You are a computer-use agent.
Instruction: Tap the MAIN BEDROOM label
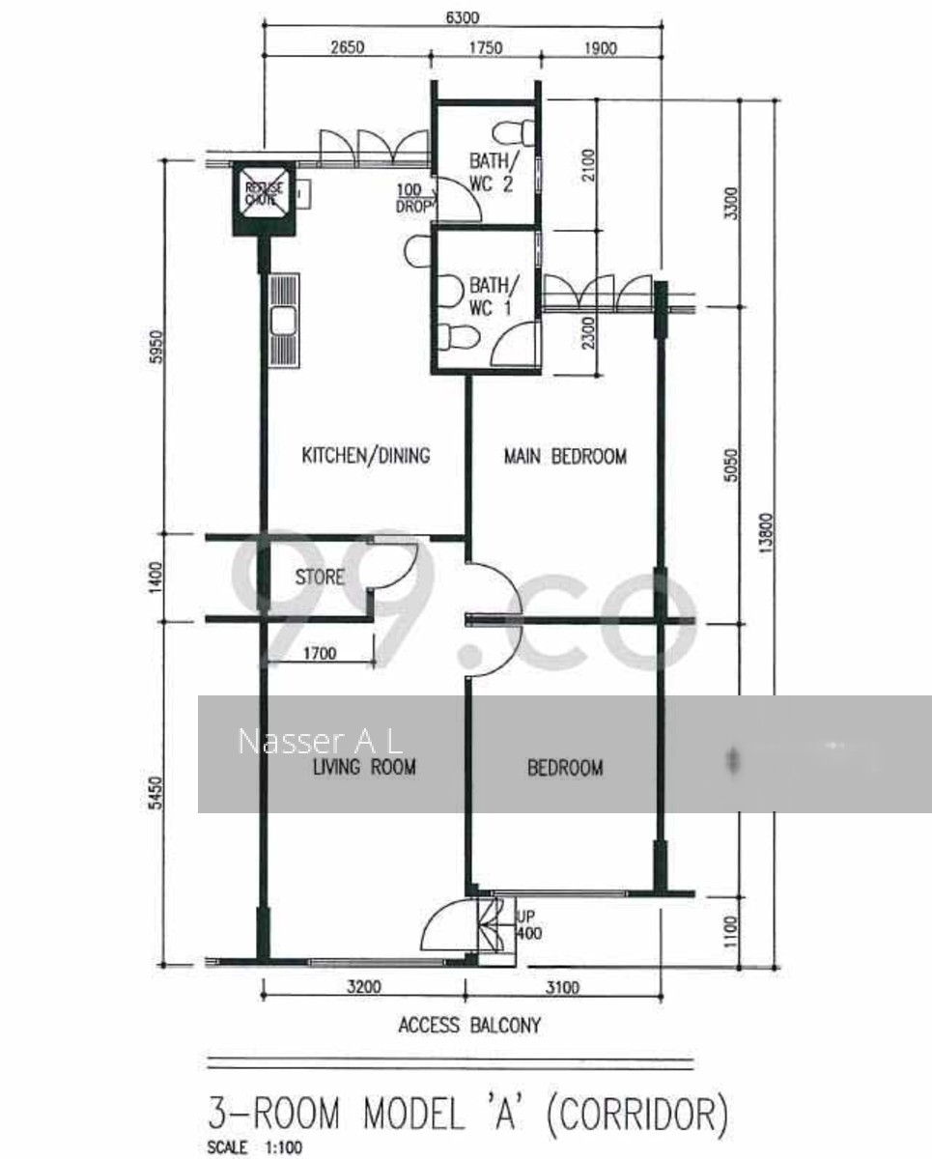(565, 456)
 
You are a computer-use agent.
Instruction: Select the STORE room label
(319, 578)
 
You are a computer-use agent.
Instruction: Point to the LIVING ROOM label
(364, 768)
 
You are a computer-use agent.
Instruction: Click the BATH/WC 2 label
(492, 171)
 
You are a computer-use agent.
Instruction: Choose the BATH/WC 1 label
(492, 296)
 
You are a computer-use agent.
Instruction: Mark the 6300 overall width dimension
(462, 17)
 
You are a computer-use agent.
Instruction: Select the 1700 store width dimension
(319, 654)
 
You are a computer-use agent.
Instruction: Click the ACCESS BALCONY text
(469, 1025)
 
